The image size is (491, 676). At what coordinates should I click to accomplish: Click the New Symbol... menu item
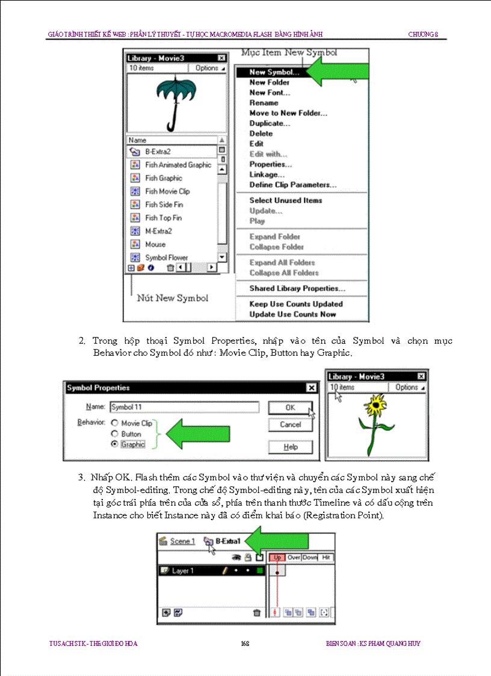(x=274, y=72)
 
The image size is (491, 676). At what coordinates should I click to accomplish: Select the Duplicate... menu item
(x=270, y=123)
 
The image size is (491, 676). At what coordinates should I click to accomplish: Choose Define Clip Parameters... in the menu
(x=292, y=185)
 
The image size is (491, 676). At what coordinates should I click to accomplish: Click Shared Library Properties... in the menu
(x=297, y=288)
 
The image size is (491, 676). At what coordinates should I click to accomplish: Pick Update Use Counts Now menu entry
(x=292, y=314)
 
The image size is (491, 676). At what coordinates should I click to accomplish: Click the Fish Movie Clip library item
(x=167, y=191)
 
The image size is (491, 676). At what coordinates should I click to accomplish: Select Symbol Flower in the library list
(x=166, y=258)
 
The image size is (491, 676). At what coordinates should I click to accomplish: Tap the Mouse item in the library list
(x=155, y=244)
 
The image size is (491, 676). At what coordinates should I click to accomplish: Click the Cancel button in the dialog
(x=291, y=424)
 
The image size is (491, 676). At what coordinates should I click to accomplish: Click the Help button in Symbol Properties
(x=291, y=447)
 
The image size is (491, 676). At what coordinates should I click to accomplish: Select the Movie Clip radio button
(x=115, y=423)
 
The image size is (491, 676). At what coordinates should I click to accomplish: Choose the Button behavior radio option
(x=115, y=434)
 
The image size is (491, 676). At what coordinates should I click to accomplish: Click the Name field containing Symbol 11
(x=184, y=407)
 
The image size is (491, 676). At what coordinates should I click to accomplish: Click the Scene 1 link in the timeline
(x=182, y=541)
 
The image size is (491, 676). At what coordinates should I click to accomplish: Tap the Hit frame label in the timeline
(x=326, y=557)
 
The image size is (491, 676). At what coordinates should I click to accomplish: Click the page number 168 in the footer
(x=245, y=643)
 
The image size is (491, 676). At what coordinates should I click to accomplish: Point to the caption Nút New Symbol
(x=172, y=298)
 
